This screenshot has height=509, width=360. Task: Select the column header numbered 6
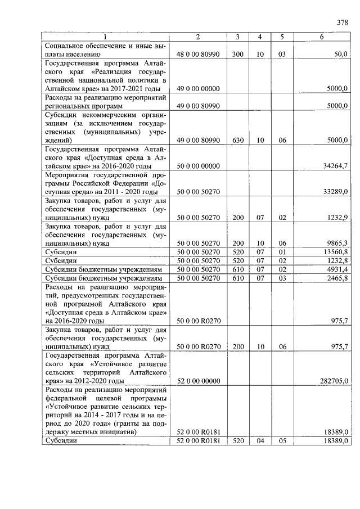[x=321, y=37]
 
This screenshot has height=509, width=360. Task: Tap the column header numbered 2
[x=197, y=37]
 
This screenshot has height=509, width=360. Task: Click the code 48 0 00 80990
[x=198, y=55]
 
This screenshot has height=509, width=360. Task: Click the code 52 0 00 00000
[x=198, y=381]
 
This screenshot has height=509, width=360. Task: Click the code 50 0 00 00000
[x=198, y=166]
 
